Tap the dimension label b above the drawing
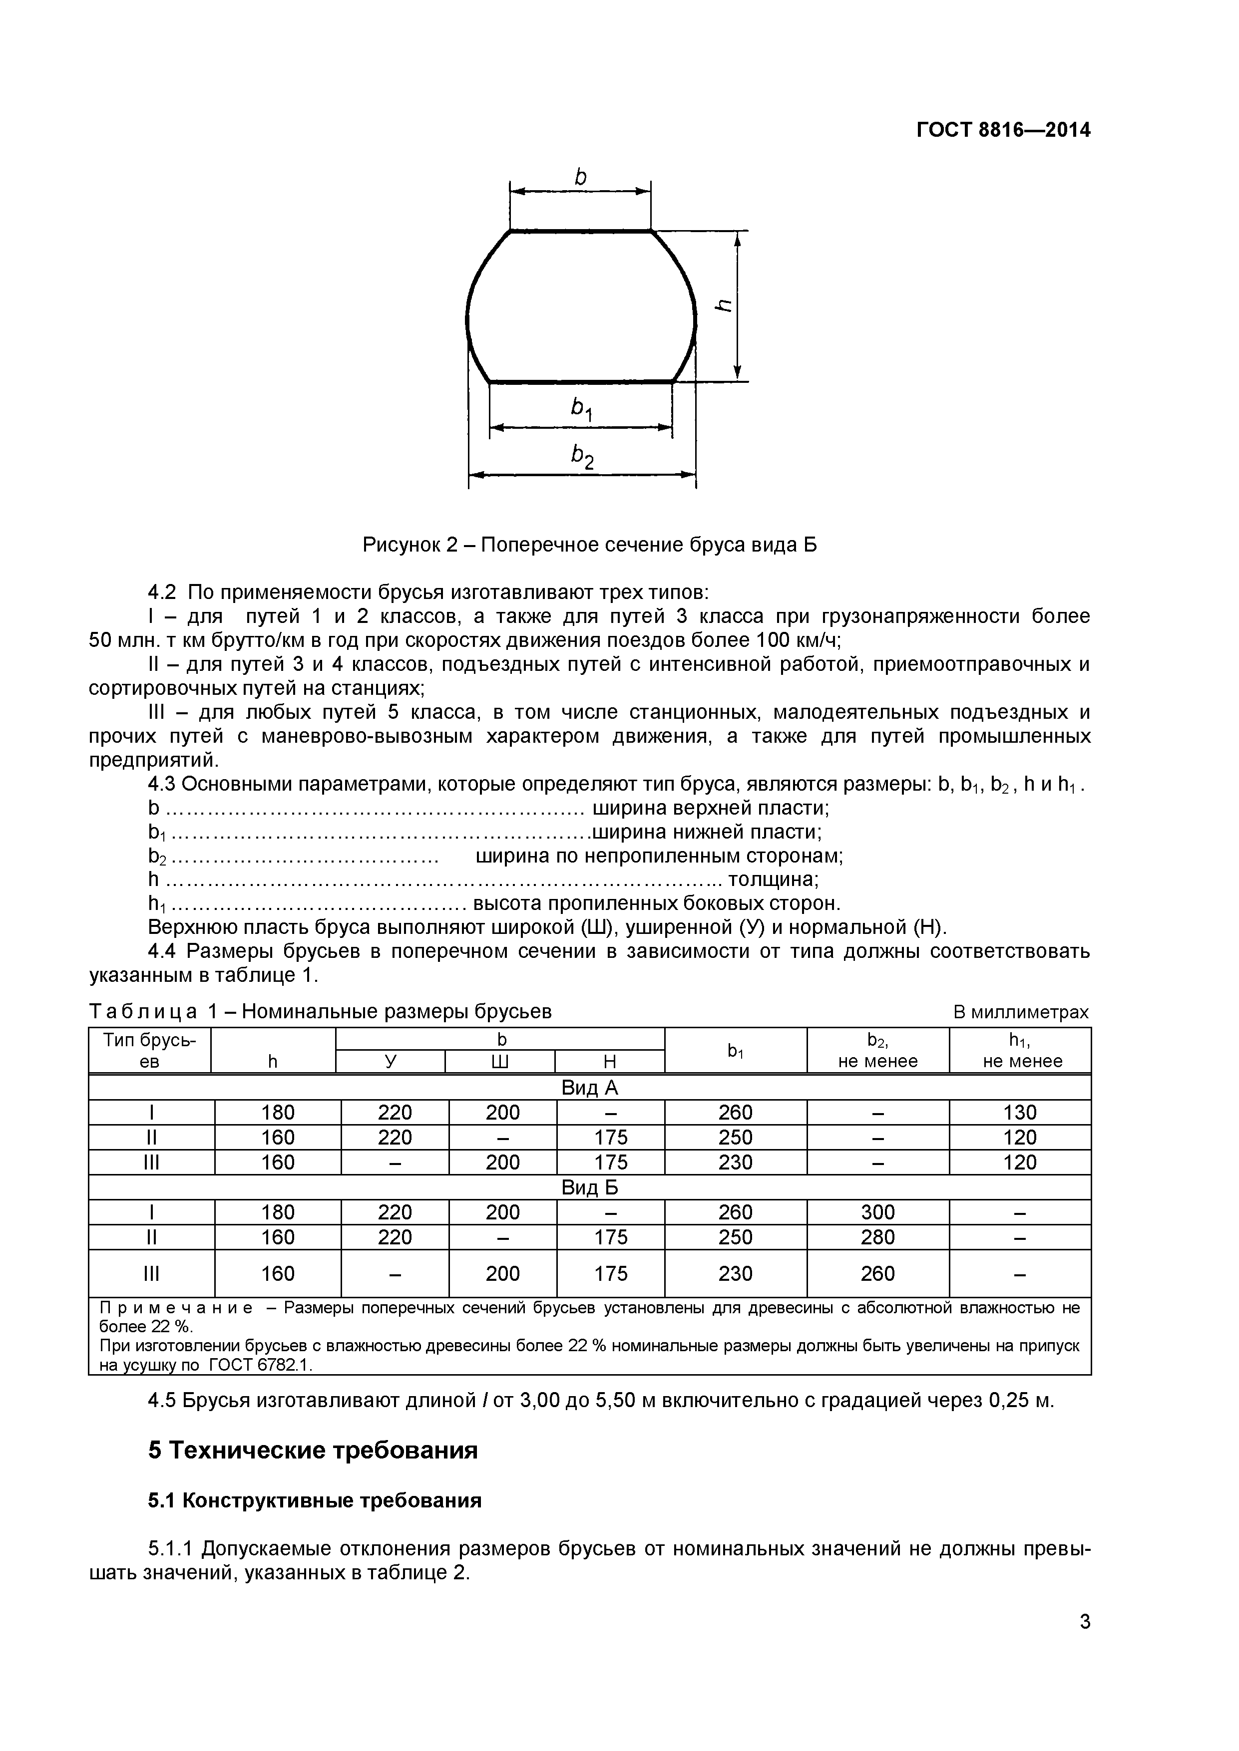[x=581, y=178]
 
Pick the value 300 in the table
[x=877, y=1212]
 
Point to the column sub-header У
[x=391, y=1062]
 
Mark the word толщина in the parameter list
[x=772, y=879]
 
